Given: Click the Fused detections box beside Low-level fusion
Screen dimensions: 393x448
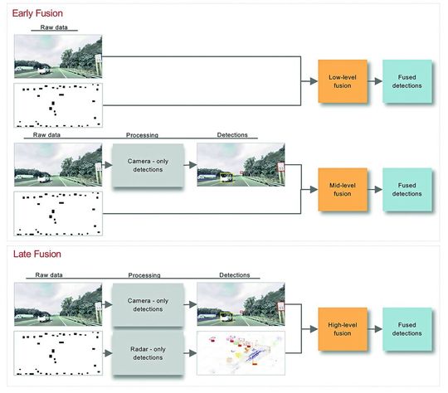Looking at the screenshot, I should pyautogui.click(x=407, y=81).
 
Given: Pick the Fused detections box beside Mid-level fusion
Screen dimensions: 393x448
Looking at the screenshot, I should pyautogui.click(x=407, y=189).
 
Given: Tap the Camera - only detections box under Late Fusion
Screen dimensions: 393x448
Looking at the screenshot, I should pyautogui.click(x=146, y=304).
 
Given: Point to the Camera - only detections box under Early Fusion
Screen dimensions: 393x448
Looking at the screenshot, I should pyautogui.click(x=146, y=165).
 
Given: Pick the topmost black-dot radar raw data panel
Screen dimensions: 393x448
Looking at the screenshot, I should pyautogui.click(x=57, y=104).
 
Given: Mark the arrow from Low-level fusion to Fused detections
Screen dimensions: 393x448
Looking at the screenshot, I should pyautogui.click(x=373, y=81).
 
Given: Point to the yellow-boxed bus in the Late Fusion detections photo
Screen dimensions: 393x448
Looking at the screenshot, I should pyautogui.click(x=226, y=315).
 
